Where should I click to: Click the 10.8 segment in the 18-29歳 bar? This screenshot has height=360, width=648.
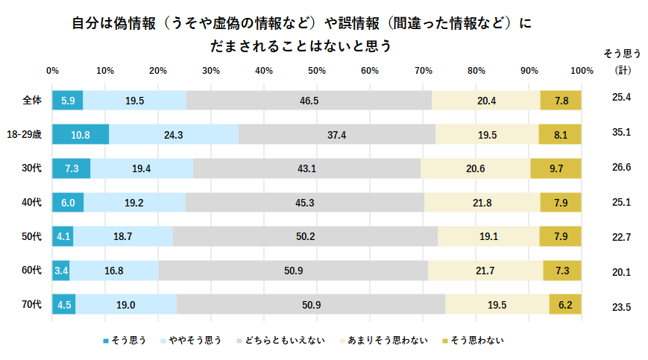[x=81, y=135]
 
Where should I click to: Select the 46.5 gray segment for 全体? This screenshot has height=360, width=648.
[x=309, y=101]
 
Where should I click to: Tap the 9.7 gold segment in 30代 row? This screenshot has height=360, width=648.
[x=556, y=169]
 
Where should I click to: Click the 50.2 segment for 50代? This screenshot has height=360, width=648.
[x=305, y=237]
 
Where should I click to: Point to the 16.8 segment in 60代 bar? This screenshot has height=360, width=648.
[x=114, y=271]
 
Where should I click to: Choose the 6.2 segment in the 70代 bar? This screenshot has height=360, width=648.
[x=565, y=305]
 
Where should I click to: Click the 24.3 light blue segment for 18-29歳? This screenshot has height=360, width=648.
[x=174, y=135]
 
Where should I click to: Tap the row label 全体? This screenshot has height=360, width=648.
[x=32, y=100]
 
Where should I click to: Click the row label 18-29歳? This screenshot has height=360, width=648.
[x=26, y=134]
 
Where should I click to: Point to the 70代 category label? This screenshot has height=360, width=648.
[x=32, y=305]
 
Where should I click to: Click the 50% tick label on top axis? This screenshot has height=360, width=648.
[x=317, y=71]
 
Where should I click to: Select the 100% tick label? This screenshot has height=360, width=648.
[x=581, y=71]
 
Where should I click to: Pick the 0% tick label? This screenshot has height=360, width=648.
[x=52, y=71]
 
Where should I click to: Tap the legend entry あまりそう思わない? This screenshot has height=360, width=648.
[x=387, y=341]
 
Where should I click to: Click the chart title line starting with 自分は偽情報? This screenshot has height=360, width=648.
[x=302, y=24]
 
